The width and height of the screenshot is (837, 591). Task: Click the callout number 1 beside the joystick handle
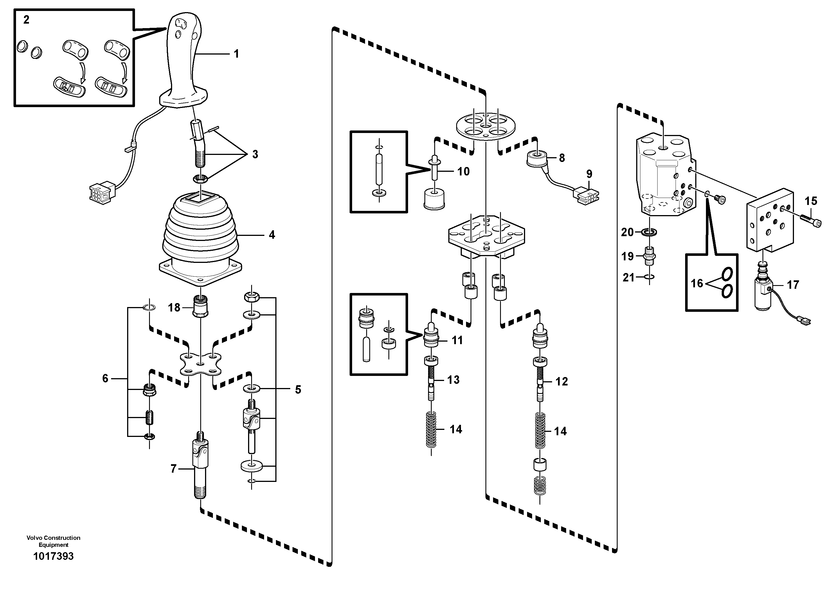236,54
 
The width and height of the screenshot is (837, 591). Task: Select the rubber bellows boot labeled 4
200,233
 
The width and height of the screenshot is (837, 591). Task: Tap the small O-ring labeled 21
649,277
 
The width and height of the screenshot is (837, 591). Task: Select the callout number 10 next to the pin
463,171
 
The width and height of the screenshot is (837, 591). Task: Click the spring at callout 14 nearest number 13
431,429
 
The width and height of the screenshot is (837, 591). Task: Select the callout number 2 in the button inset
26,20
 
